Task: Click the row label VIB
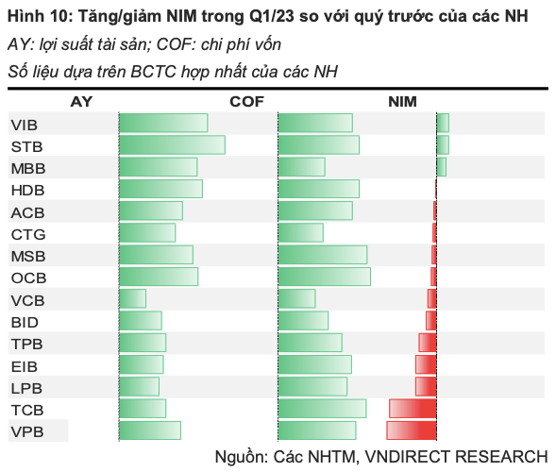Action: click(25, 124)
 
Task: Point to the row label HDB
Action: click(27, 190)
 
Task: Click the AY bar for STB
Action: click(172, 144)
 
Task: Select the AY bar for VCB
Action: click(132, 298)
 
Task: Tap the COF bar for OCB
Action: click(325, 277)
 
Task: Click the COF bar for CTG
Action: click(301, 232)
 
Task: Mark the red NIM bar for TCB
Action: click(413, 408)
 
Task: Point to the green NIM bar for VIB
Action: click(443, 123)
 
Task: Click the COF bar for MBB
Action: click(302, 167)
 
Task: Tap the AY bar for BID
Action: click(141, 320)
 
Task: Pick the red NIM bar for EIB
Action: click(426, 364)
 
